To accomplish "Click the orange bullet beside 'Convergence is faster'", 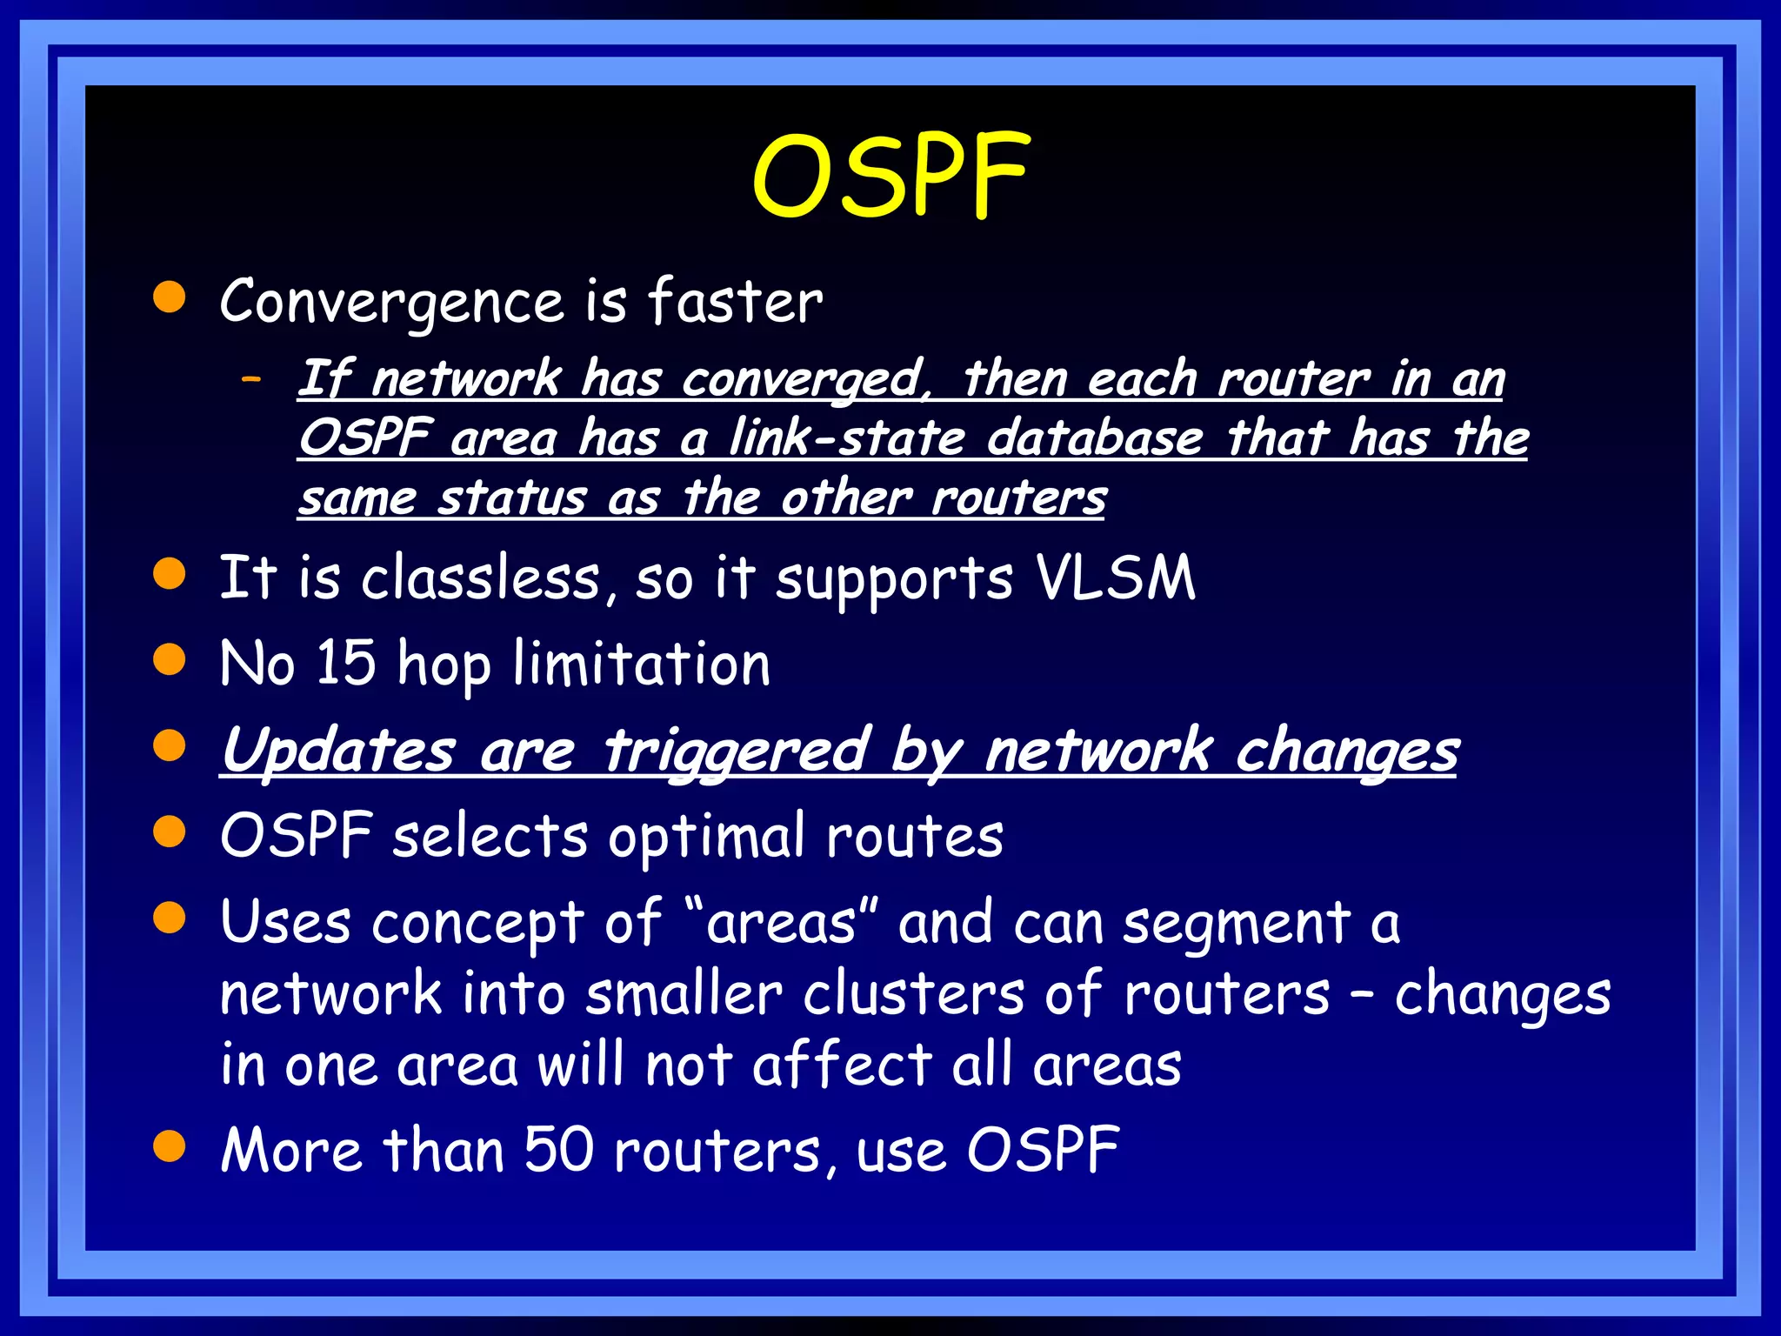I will [170, 297].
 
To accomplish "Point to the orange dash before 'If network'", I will [252, 379].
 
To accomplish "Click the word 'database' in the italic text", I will [1095, 438].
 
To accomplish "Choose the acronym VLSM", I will [1115, 578].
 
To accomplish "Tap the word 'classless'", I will [480, 578].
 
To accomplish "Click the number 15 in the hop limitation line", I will [345, 664].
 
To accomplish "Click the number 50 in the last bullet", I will [558, 1150].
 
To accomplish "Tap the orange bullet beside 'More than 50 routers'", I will [170, 1146].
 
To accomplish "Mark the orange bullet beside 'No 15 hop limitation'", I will [170, 659].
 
